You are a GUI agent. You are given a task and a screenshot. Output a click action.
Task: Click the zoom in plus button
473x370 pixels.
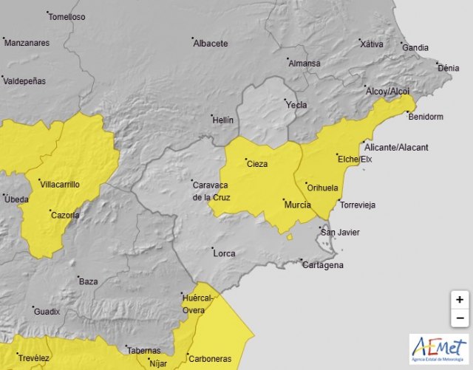pos(460,300)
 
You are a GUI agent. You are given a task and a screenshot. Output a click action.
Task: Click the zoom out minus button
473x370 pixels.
pos(460,318)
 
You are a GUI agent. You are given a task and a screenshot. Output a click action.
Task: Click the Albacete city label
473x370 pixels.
pos(210,44)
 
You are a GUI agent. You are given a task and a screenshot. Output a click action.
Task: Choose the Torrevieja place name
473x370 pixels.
pos(357,205)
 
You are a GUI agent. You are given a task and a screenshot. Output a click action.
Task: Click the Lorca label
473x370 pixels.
pos(224,254)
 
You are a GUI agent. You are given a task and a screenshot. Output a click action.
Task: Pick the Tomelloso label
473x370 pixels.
pos(67,17)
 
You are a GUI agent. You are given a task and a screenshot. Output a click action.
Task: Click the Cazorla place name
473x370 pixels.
pos(64,216)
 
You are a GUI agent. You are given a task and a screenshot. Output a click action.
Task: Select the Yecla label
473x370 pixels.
pos(296,106)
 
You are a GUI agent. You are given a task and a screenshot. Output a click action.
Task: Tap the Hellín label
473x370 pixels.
pos(222,120)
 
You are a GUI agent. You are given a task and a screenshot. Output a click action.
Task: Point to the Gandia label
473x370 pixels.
pos(415,48)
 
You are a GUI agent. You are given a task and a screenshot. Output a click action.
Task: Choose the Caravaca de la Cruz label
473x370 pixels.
pos(211,191)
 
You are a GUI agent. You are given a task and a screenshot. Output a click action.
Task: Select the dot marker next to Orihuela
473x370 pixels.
pos(306,183)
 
